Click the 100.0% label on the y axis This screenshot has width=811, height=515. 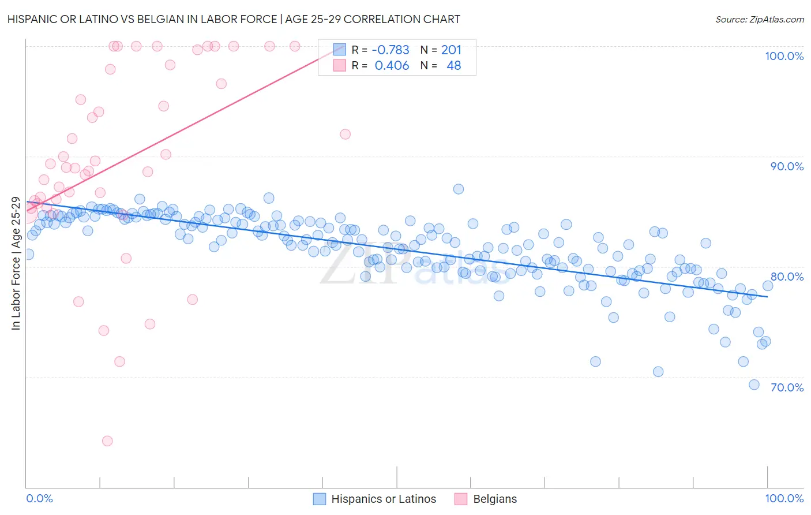click(784, 56)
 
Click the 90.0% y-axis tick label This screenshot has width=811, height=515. click(787, 166)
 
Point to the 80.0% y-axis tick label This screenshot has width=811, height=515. click(787, 277)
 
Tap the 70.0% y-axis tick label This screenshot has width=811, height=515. click(787, 387)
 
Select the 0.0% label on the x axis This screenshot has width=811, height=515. click(39, 498)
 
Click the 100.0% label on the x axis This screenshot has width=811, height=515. click(784, 498)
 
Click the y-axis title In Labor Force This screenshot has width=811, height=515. click(16, 263)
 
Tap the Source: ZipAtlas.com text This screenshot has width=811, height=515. click(759, 19)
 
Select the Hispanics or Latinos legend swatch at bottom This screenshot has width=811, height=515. click(320, 499)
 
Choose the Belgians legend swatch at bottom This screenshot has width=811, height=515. click(461, 499)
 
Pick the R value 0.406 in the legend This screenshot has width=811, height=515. click(392, 65)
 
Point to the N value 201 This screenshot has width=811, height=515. click(451, 50)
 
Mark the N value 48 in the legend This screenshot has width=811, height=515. click(453, 65)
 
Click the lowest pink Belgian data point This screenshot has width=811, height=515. click(107, 441)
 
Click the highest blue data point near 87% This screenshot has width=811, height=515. click(459, 189)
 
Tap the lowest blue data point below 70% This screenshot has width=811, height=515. click(754, 385)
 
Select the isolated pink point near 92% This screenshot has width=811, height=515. click(346, 134)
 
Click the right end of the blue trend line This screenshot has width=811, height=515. click(767, 296)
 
